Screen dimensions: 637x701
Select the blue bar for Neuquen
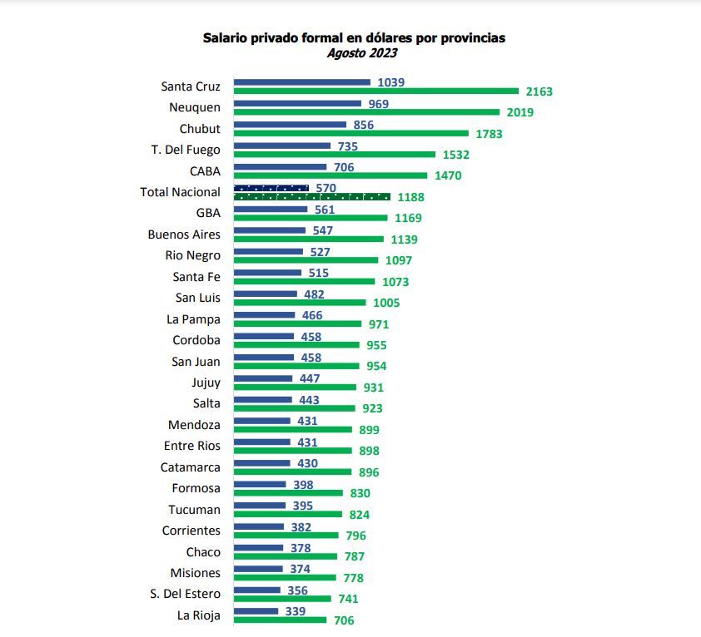(x=297, y=104)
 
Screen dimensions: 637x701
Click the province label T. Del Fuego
(x=186, y=150)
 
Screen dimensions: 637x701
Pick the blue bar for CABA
(x=280, y=167)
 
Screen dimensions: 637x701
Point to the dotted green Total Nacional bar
(x=312, y=197)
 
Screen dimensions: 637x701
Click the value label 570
(x=326, y=189)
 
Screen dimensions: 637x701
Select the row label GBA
(x=208, y=213)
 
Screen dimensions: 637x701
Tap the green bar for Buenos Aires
(x=309, y=239)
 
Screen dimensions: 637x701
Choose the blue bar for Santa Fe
(x=267, y=273)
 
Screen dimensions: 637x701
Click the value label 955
(x=374, y=345)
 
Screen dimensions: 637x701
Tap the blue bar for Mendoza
(x=262, y=421)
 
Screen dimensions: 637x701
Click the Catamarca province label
(x=191, y=467)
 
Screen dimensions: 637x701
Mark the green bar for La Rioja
(x=280, y=620)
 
